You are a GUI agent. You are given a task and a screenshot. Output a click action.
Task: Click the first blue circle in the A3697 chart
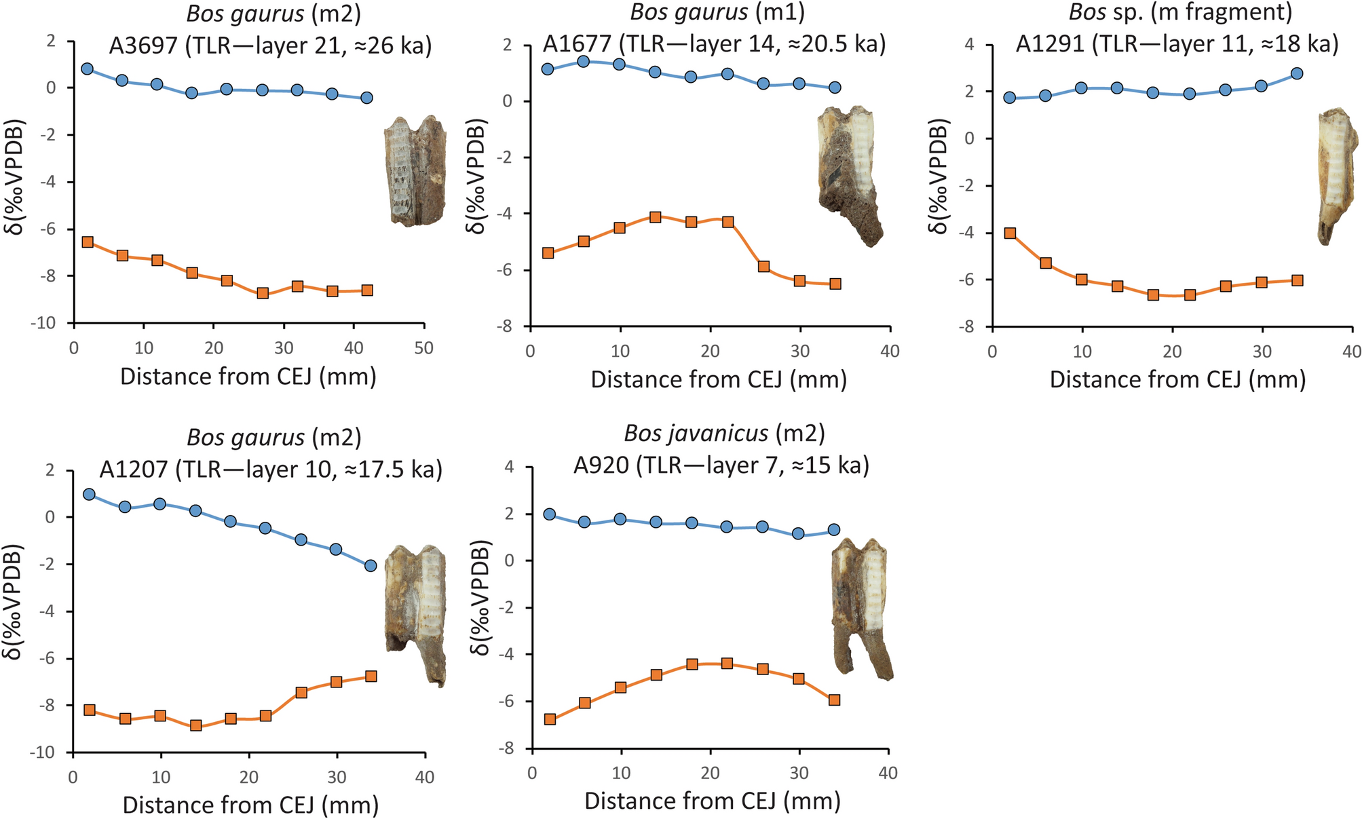tap(87, 69)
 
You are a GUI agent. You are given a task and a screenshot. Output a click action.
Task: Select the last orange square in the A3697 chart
tap(367, 290)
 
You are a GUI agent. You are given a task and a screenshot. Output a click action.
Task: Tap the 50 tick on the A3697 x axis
tap(423, 349)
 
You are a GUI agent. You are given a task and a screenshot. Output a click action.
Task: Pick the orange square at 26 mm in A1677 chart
tap(763, 267)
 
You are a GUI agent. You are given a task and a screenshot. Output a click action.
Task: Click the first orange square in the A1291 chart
tap(1010, 233)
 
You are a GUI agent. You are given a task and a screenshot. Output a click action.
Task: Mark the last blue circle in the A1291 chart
tap(1297, 73)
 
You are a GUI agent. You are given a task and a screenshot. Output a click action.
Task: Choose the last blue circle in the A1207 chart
tap(371, 565)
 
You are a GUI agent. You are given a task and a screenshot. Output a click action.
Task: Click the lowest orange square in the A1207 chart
tap(196, 725)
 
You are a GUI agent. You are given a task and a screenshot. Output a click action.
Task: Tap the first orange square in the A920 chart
tap(550, 719)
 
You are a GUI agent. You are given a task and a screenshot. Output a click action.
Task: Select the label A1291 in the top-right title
tap(1051, 43)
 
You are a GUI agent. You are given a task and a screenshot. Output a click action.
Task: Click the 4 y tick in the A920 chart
tap(508, 467)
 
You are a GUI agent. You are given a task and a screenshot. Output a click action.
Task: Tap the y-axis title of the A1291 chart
tap(939, 176)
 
